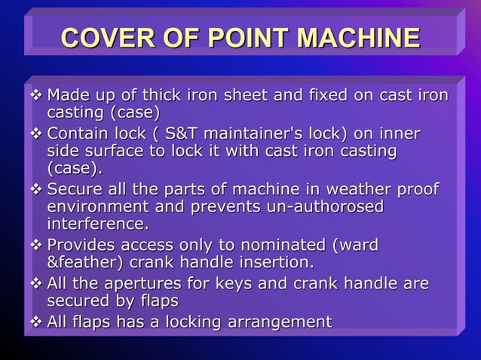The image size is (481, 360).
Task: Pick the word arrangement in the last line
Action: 276,322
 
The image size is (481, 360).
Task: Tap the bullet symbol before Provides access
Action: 35,246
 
